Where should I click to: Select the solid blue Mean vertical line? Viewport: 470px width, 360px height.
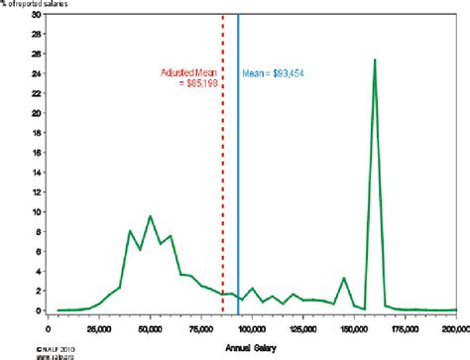pos(238,198)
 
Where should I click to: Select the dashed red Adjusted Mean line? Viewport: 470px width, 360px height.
pos(222,198)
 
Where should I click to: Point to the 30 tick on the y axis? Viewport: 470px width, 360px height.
pos(37,15)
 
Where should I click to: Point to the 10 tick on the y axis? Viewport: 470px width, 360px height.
pos(37,212)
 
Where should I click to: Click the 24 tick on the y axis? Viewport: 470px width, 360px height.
pos(37,74)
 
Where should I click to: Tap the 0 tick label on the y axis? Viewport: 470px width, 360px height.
pos(39,310)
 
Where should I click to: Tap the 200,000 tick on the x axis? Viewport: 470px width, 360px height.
pos(453,325)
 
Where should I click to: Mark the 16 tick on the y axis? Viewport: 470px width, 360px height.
pos(37,153)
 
